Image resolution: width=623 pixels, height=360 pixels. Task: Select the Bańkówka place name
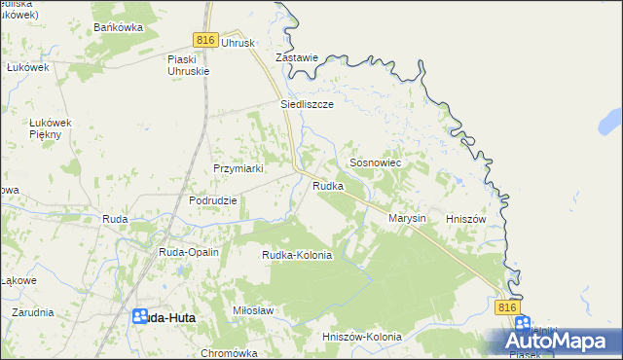(x=118, y=27)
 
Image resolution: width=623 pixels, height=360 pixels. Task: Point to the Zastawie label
(x=297, y=58)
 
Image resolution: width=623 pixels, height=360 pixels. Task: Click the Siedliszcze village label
(x=308, y=103)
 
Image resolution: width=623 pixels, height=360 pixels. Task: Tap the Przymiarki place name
(x=239, y=168)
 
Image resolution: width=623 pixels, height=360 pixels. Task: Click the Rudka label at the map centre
(x=328, y=186)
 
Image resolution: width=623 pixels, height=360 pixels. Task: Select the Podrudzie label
(x=213, y=200)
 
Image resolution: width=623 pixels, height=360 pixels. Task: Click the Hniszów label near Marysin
(x=464, y=219)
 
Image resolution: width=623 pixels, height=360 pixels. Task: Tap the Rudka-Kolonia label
(x=297, y=255)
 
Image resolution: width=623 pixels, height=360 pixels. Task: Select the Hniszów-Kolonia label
(x=361, y=337)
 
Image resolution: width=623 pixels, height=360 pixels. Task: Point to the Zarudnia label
(x=33, y=312)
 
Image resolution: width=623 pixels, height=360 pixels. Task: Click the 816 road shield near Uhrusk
(x=203, y=39)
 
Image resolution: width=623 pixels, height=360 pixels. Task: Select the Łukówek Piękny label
(x=46, y=127)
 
